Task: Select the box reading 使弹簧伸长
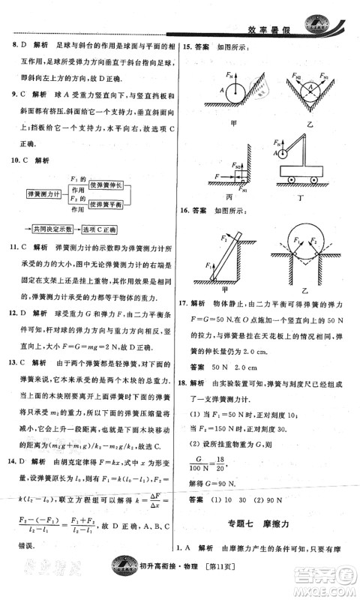tap(109, 184)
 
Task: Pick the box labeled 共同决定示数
tap(52, 228)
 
